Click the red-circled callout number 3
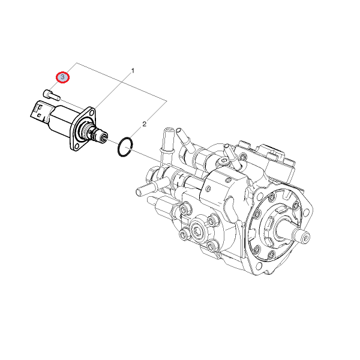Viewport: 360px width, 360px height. [x=62, y=77]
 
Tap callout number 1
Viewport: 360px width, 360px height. [x=133, y=71]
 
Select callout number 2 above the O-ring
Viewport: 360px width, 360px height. [x=144, y=124]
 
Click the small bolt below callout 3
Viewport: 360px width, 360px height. [x=52, y=95]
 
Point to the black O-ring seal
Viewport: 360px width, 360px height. [x=125, y=147]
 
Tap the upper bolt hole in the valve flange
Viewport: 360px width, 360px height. [x=92, y=113]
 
